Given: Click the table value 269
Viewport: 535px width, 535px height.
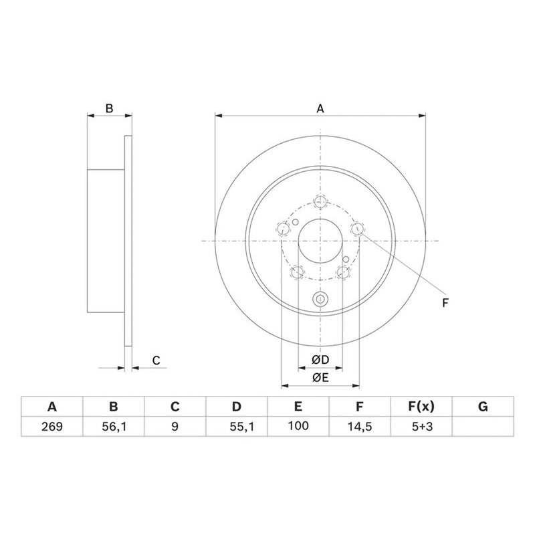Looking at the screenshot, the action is coord(52,427).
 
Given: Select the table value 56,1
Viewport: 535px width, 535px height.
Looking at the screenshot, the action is coord(114,427).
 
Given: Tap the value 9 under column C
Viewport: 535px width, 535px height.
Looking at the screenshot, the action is coord(175,427).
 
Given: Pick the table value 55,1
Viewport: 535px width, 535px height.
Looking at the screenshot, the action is coord(242,427).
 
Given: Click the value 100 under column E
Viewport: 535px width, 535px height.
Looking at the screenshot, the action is coord(298,426).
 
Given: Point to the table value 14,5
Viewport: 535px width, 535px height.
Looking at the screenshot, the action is coord(360,427).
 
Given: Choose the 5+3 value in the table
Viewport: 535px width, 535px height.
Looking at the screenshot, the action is coord(422,427).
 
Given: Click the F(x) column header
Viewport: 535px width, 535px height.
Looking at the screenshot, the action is coord(421,407).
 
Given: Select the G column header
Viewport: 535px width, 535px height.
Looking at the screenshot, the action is coord(483,407).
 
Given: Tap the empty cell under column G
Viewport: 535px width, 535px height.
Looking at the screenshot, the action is coord(483,427).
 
